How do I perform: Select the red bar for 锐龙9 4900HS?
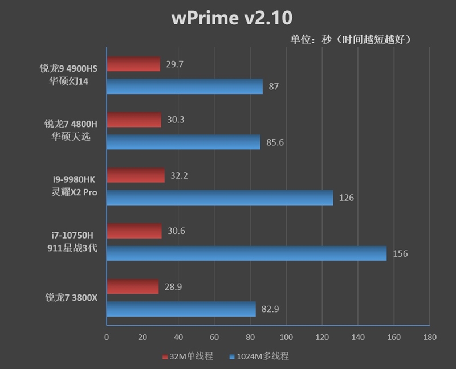pos(133,64)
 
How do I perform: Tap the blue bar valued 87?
pos(185,87)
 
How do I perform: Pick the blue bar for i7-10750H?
pos(246,253)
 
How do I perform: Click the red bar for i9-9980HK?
pos(136,175)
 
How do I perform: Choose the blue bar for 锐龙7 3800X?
pos(181,309)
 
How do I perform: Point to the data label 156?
pos(400,253)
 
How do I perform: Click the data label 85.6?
pos(275,142)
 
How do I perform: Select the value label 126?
pos(347,198)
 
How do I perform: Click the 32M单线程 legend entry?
pos(188,356)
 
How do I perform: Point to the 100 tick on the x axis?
pos(286,337)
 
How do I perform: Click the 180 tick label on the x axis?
pos(430,337)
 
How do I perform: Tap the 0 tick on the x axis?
pos(107,337)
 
